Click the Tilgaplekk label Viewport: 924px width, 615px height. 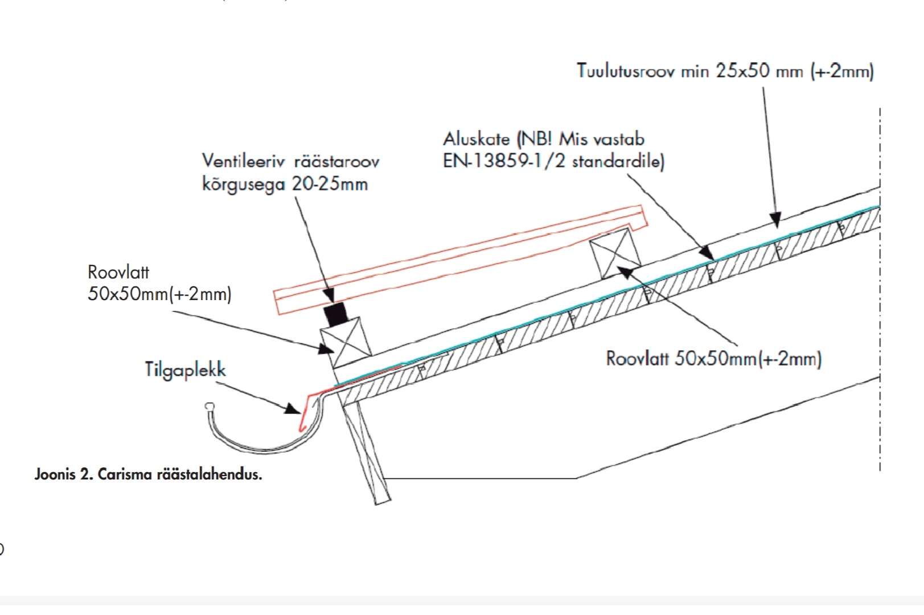point(185,370)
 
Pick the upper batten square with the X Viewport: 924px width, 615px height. point(615,253)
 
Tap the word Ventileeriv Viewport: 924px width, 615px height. point(244,161)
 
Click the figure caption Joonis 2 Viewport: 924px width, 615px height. point(64,474)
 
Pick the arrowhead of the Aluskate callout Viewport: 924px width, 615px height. point(707,253)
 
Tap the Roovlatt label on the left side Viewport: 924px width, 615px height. point(118,272)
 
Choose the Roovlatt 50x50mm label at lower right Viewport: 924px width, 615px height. point(713,359)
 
